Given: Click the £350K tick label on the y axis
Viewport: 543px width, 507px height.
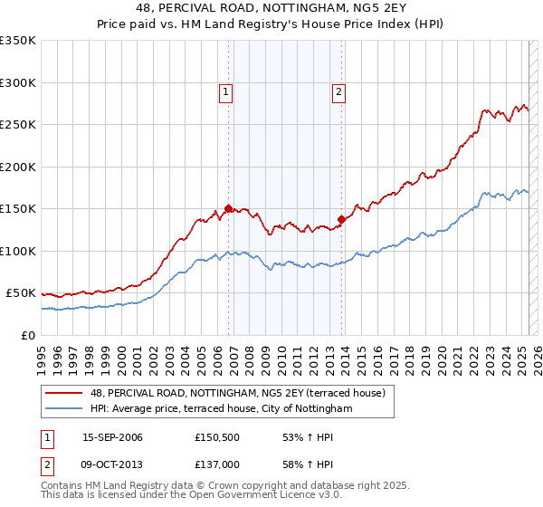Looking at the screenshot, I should pyautogui.click(x=18, y=41).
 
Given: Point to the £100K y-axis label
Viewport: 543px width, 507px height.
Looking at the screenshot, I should pyautogui.click(x=18, y=251).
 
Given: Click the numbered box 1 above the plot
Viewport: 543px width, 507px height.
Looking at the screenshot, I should pyautogui.click(x=224, y=91).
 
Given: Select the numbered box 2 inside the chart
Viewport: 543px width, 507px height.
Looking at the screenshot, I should pyautogui.click(x=338, y=91).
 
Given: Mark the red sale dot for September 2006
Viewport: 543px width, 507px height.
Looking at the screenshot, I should pyautogui.click(x=228, y=207).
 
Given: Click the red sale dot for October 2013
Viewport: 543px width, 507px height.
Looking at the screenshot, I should pyautogui.click(x=341, y=218).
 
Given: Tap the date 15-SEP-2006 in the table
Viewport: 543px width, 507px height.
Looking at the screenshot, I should pyautogui.click(x=112, y=437).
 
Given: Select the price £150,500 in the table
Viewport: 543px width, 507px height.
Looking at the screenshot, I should pyautogui.click(x=218, y=437).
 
